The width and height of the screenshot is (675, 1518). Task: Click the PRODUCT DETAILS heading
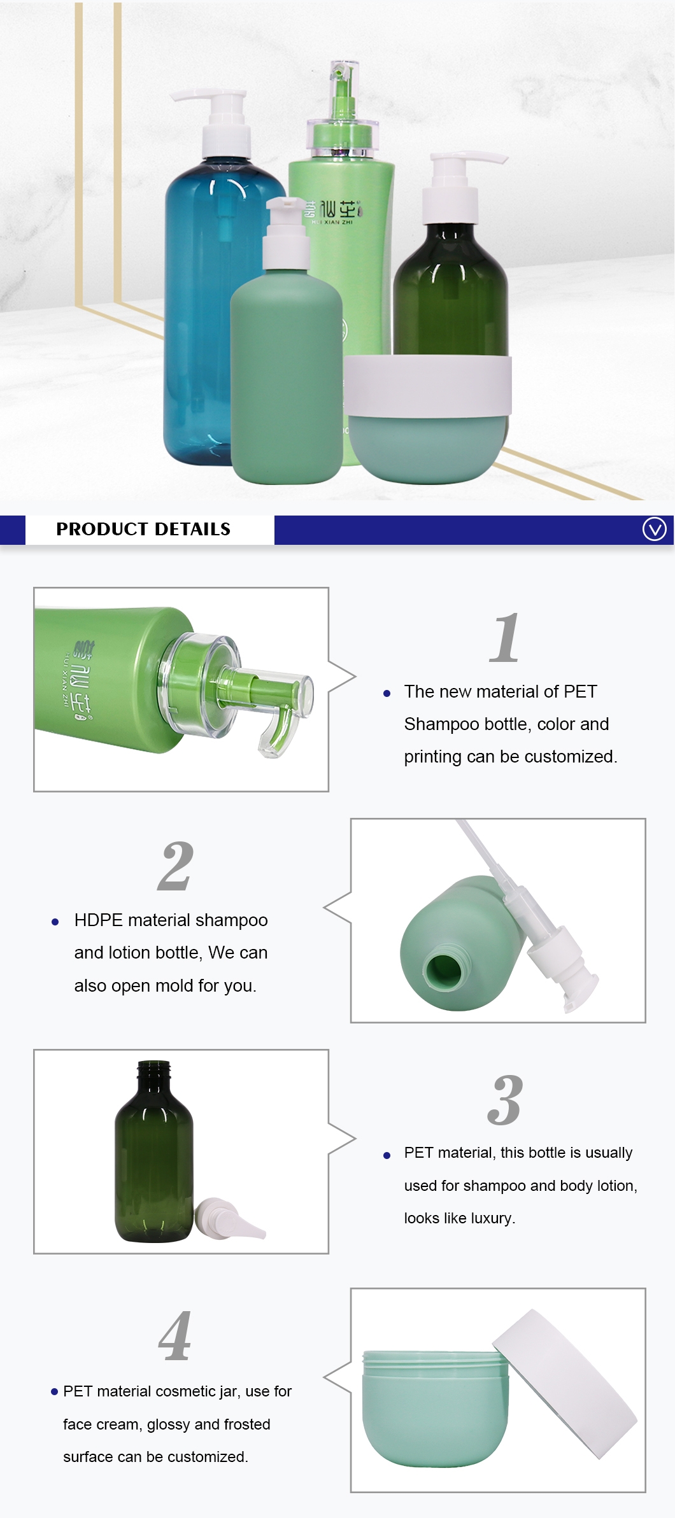point(143,529)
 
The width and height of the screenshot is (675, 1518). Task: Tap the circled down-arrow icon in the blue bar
point(654,529)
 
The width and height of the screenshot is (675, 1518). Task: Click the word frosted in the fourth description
point(245,1424)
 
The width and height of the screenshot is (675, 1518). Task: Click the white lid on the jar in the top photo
point(427,386)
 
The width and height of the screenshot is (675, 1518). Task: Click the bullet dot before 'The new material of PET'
point(387,694)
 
